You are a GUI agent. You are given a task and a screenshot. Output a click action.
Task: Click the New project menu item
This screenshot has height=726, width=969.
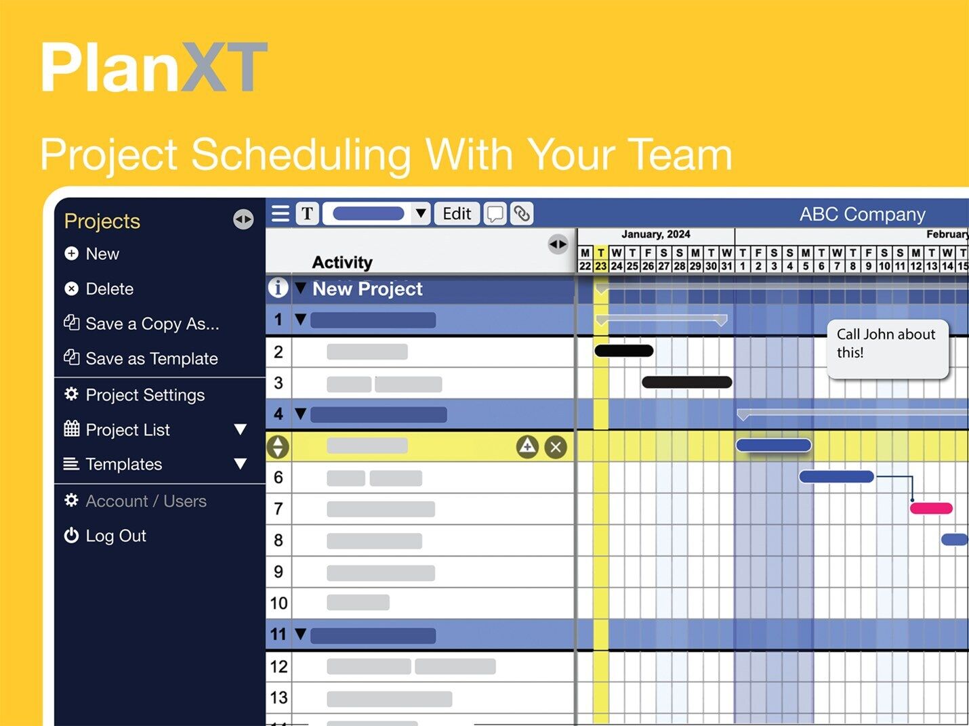(x=92, y=253)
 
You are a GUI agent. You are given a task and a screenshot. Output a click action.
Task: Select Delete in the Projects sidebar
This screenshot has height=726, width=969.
(x=99, y=289)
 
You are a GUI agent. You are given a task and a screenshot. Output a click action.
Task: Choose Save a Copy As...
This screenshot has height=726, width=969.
(x=141, y=324)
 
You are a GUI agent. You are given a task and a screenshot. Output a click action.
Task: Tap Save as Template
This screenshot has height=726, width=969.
(x=141, y=358)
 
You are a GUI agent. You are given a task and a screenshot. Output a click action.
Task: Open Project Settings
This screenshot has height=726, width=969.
(x=134, y=395)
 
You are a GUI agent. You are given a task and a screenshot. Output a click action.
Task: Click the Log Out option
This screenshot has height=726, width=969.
(x=105, y=536)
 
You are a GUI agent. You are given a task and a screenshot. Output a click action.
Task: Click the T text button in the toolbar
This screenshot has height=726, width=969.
(x=307, y=214)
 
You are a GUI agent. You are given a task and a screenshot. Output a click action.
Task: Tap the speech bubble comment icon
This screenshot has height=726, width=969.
(x=495, y=214)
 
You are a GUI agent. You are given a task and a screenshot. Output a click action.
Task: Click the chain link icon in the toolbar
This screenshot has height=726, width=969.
(x=521, y=214)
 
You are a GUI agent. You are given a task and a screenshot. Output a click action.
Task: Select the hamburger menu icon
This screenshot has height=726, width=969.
(x=281, y=214)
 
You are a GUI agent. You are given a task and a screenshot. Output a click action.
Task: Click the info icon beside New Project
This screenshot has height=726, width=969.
(x=278, y=288)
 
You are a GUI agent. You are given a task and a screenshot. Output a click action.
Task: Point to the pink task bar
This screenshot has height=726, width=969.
(x=931, y=508)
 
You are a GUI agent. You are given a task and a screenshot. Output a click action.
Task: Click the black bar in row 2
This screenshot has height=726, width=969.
(x=624, y=351)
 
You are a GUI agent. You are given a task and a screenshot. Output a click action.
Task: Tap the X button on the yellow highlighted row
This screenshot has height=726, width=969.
(x=556, y=447)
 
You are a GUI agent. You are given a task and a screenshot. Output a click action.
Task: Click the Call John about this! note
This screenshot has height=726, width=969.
(x=887, y=349)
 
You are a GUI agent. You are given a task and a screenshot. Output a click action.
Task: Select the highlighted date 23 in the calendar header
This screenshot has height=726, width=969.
(x=600, y=266)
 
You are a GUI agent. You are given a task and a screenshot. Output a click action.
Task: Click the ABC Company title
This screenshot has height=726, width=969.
(x=862, y=215)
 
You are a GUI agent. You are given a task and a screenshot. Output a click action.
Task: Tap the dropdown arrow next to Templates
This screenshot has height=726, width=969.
(x=240, y=463)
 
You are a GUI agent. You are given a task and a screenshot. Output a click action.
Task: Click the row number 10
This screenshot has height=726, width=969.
(x=279, y=603)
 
